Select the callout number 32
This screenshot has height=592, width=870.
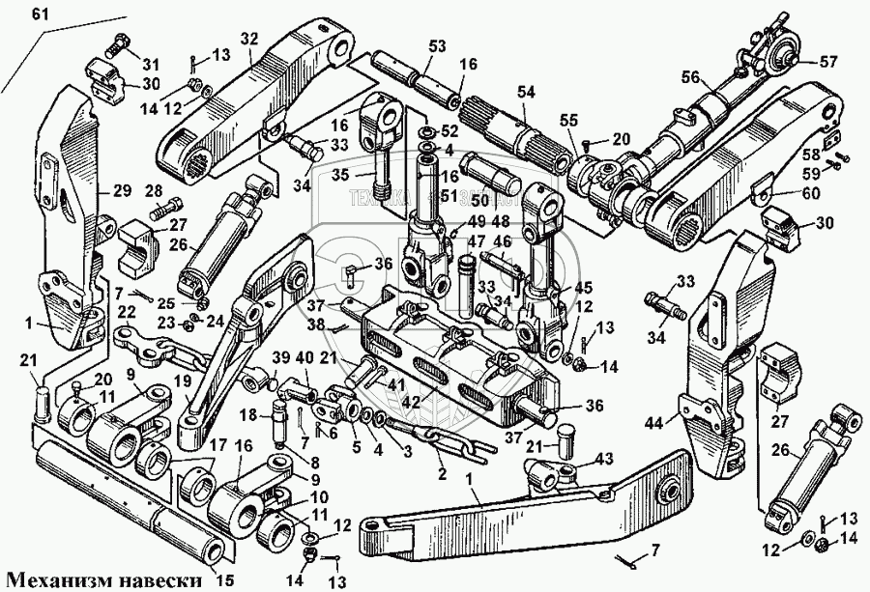pyautogui.click(x=250, y=40)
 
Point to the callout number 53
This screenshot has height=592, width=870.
pyautogui.click(x=437, y=46)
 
